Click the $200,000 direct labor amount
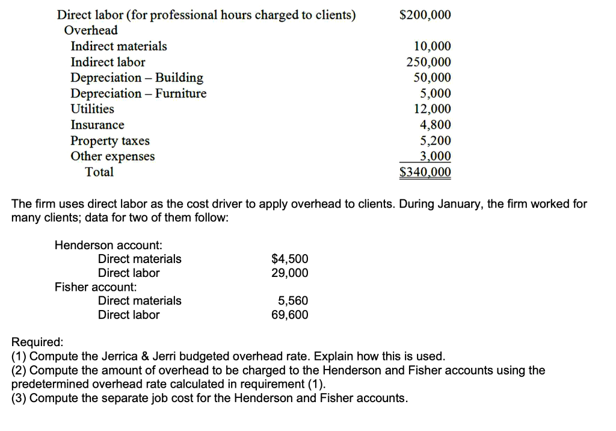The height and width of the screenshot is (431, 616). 425,15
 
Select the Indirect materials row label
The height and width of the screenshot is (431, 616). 119,46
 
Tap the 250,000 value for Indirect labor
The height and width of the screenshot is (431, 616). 429,62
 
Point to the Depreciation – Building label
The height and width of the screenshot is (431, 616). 137,78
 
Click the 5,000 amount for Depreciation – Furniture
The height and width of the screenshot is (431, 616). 435,93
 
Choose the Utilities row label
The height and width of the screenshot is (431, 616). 92,109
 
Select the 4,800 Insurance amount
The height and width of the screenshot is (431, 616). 435,125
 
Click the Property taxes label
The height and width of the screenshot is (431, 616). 110,141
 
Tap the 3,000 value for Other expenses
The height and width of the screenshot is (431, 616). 435,157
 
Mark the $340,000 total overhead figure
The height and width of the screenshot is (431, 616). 425,173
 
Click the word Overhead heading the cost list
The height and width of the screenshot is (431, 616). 91,30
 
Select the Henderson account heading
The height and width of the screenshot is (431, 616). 108,245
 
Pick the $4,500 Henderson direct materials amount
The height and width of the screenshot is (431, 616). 290,259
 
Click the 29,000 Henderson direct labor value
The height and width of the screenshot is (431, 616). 290,273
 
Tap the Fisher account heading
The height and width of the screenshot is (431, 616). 96,287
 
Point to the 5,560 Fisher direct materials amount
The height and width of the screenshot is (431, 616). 293,300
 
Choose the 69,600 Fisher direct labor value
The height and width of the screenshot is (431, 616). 290,315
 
